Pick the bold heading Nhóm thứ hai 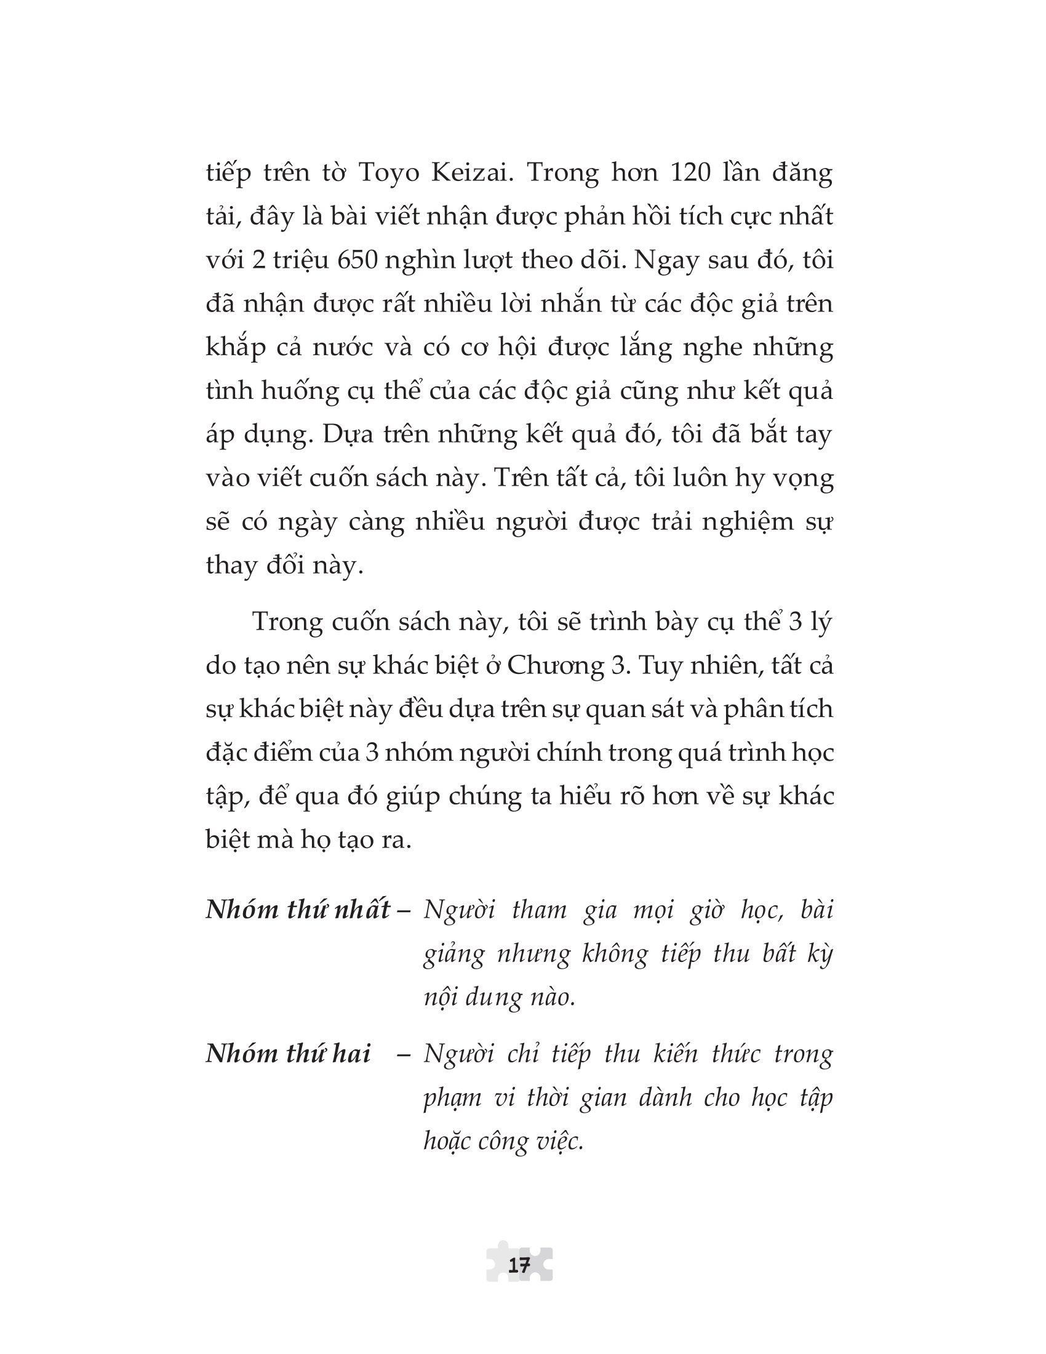(x=288, y=1054)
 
